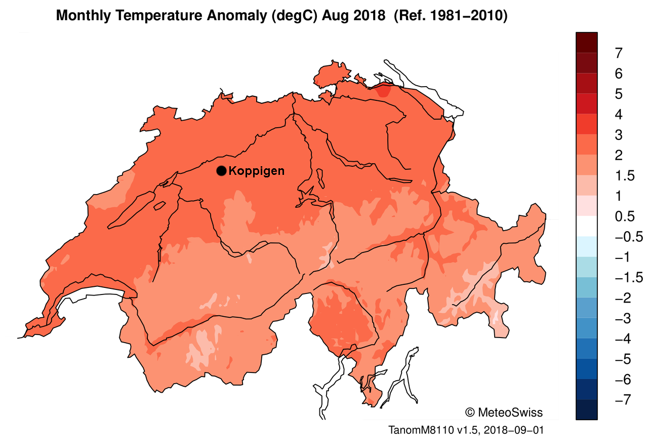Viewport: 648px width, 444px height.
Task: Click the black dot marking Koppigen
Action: click(x=221, y=171)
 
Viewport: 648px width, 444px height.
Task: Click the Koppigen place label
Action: click(x=257, y=171)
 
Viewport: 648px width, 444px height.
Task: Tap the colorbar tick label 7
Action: click(x=619, y=53)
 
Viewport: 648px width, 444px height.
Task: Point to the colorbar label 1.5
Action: click(x=623, y=176)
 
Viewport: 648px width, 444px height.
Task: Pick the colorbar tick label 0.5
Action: click(x=623, y=216)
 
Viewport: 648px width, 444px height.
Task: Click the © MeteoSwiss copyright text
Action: click(x=503, y=412)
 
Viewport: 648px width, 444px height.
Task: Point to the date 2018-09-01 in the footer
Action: click(x=514, y=430)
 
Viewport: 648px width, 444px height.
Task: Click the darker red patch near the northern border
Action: click(x=384, y=91)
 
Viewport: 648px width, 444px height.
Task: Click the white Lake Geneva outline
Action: click(x=91, y=294)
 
